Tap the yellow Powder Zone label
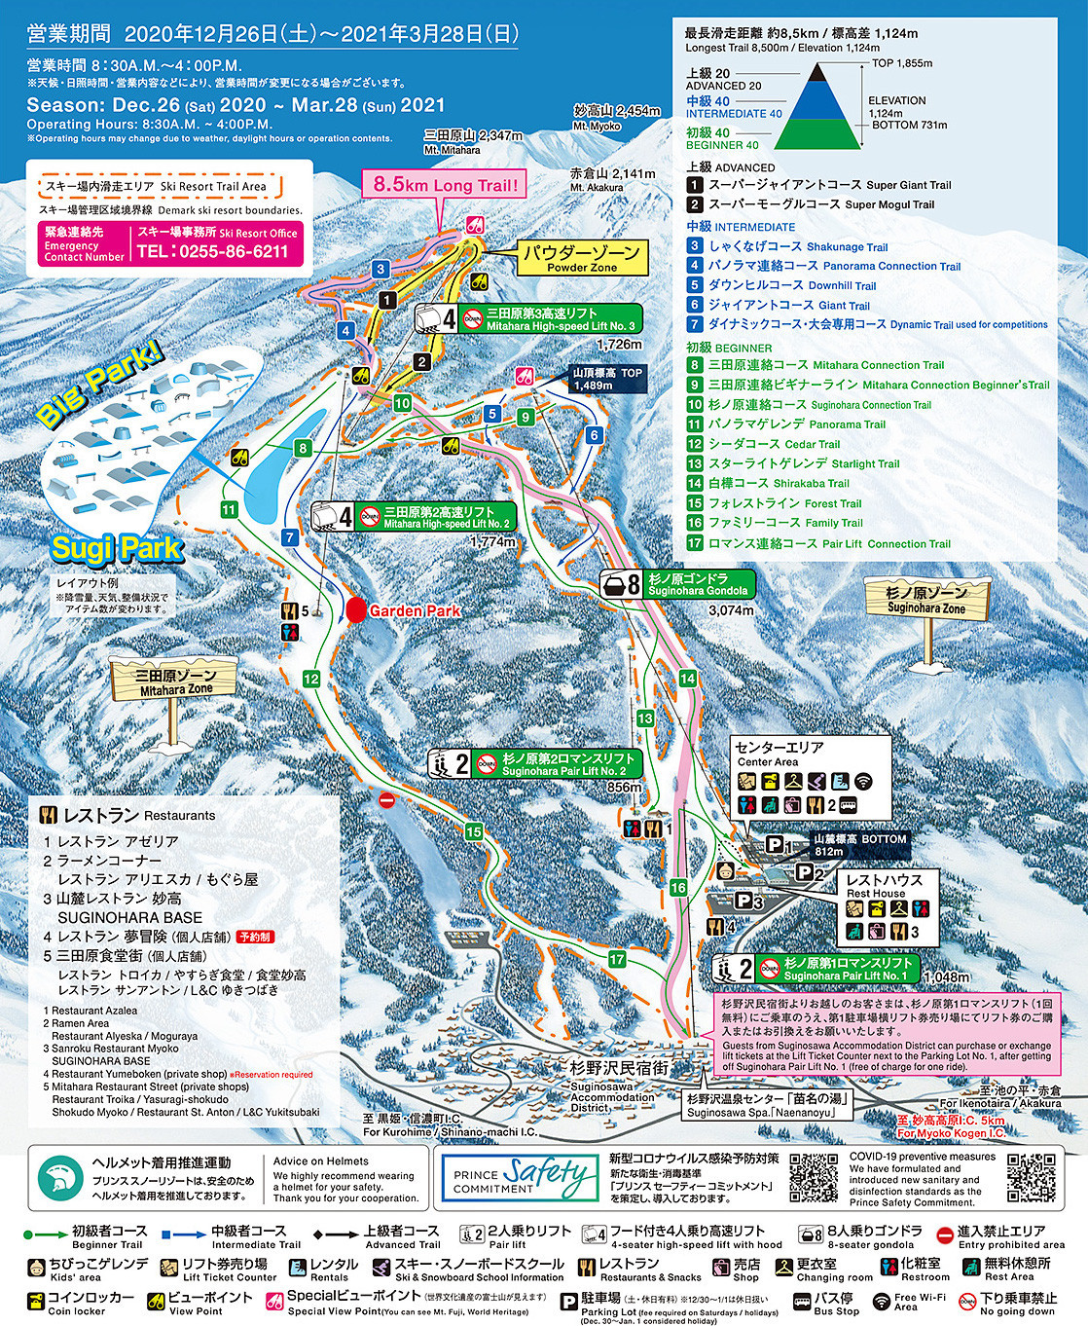pos(581,258)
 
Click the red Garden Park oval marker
pos(356,610)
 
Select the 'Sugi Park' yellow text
pos(116,548)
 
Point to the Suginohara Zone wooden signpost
pos(925,600)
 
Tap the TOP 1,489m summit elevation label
pos(607,379)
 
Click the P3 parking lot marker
pos(748,902)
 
